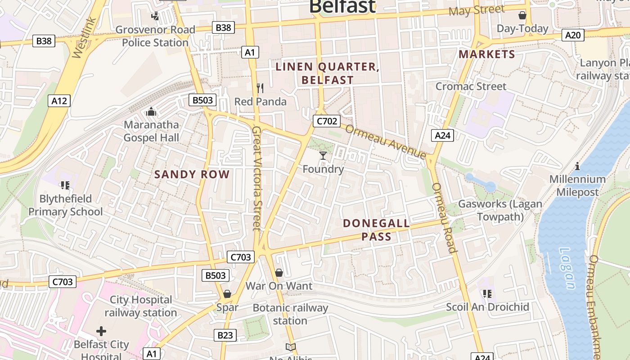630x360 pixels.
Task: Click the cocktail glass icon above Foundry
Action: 323,156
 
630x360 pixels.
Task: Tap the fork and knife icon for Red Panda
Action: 260,88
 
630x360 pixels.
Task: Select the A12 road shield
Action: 59,100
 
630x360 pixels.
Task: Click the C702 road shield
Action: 327,121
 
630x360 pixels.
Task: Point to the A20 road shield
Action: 573,35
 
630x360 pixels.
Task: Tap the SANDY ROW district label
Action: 192,175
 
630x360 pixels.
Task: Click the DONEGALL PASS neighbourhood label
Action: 376,229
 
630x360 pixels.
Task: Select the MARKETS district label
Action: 486,54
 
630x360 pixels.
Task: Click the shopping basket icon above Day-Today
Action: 522,15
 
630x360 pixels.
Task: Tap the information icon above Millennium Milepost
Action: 577,166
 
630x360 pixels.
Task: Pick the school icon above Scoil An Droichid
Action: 486,294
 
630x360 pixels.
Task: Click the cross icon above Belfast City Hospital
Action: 101,331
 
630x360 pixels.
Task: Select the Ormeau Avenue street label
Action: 386,141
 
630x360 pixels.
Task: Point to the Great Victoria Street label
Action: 256,178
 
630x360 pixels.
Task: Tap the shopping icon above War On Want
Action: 279,273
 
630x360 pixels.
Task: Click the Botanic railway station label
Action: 290,314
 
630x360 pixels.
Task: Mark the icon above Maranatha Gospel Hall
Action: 151,111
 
